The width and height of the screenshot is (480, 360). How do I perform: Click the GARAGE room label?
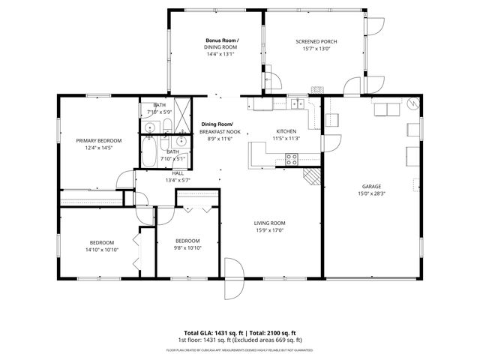pyautogui.click(x=371, y=186)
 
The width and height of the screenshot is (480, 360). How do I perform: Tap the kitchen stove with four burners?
pyautogui.click(x=292, y=158)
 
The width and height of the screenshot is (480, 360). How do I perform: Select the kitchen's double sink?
pyautogui.click(x=298, y=104)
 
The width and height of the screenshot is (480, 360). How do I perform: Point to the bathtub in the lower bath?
pyautogui.click(x=150, y=154)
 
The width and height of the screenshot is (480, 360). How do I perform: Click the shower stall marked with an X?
pyautogui.click(x=180, y=107)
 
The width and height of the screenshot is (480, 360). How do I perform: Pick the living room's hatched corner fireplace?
pyautogui.click(x=311, y=175)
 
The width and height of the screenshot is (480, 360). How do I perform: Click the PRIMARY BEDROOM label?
pyautogui.click(x=98, y=140)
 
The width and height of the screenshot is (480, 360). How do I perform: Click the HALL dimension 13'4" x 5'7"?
pyautogui.click(x=178, y=180)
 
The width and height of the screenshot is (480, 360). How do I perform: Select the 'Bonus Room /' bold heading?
pyautogui.click(x=221, y=39)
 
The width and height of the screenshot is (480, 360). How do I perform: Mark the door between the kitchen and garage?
pyautogui.click(x=322, y=142)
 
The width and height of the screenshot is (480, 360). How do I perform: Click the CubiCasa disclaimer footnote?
pyautogui.click(x=240, y=349)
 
